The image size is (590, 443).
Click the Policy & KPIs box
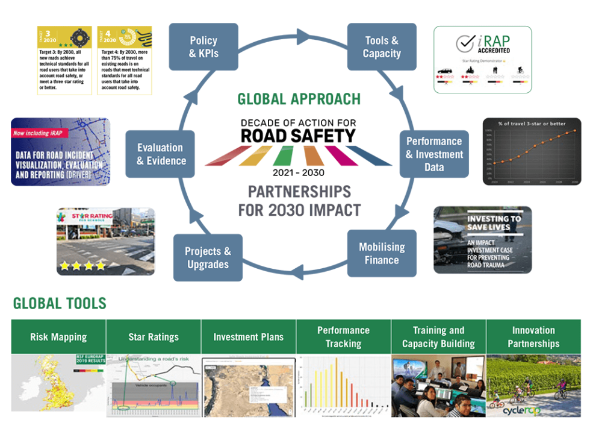(203, 47)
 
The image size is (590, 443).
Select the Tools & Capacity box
(382, 47)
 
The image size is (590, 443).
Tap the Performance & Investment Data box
(434, 154)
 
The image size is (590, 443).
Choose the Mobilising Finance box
(382, 254)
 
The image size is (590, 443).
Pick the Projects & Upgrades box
(208, 258)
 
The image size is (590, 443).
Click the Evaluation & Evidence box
(160, 154)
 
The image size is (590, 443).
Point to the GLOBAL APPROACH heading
(299, 99)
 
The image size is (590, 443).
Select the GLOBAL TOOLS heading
(60, 303)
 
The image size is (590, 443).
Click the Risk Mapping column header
(58, 337)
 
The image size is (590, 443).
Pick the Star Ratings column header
(154, 337)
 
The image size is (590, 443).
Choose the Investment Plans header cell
(248, 337)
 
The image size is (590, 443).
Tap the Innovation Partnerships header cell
(533, 337)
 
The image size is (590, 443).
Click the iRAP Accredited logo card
(482, 59)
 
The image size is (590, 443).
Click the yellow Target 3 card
(65, 60)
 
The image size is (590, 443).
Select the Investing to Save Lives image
(482, 239)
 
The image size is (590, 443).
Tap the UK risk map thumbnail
(58, 385)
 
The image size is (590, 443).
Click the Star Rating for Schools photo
(105, 241)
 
